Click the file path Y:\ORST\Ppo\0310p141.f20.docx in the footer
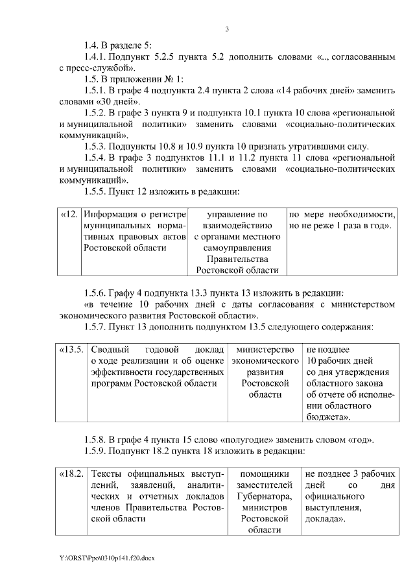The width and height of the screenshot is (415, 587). point(108,557)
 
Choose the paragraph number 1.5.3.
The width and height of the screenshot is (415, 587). point(97,146)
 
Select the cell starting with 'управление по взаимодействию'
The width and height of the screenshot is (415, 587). point(237,242)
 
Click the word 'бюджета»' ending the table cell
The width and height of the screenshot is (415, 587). point(329,416)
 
